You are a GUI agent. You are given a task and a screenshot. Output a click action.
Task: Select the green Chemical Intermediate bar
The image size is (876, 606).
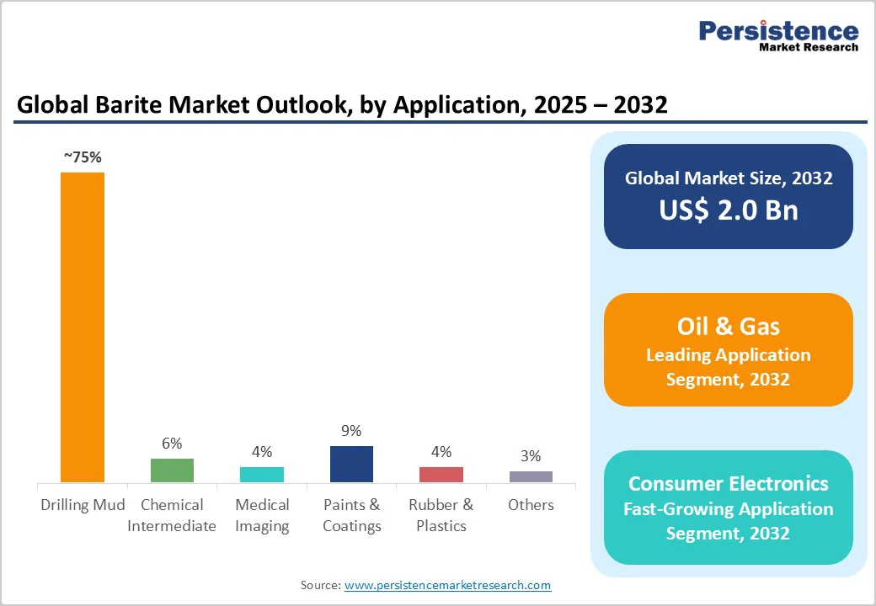click(172, 470)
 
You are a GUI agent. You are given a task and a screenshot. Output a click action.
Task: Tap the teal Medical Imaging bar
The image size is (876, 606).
click(262, 475)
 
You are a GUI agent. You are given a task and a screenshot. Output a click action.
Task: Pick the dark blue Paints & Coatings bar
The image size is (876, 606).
click(351, 464)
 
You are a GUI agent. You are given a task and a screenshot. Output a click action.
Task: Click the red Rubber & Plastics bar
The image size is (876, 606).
click(441, 475)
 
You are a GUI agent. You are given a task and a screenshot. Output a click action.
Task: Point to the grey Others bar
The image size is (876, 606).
click(531, 476)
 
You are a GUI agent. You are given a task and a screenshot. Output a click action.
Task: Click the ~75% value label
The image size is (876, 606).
click(83, 157)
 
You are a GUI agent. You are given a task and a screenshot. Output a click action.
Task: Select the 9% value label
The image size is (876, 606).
click(351, 431)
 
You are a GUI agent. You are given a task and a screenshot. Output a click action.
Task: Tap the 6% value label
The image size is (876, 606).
click(172, 444)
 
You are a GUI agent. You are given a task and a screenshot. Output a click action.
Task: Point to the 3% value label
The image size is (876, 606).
click(531, 456)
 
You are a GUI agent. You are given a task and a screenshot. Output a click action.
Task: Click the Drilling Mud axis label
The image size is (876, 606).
click(83, 505)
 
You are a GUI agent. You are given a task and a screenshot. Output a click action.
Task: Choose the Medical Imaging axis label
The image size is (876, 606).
click(262, 515)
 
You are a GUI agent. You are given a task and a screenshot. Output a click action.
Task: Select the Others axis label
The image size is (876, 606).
click(531, 505)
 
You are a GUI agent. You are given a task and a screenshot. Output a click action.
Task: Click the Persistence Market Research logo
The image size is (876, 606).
click(778, 35)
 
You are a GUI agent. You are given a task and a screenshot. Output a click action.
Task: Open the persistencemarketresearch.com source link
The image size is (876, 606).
click(447, 585)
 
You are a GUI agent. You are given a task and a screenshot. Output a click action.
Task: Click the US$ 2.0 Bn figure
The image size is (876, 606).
click(729, 210)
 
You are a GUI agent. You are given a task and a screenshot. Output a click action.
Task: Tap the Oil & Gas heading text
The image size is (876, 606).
click(729, 326)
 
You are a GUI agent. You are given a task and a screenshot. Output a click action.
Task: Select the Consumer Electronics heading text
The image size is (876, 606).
click(729, 483)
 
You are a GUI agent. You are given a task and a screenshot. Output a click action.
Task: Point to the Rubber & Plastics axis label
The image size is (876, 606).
click(441, 515)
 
